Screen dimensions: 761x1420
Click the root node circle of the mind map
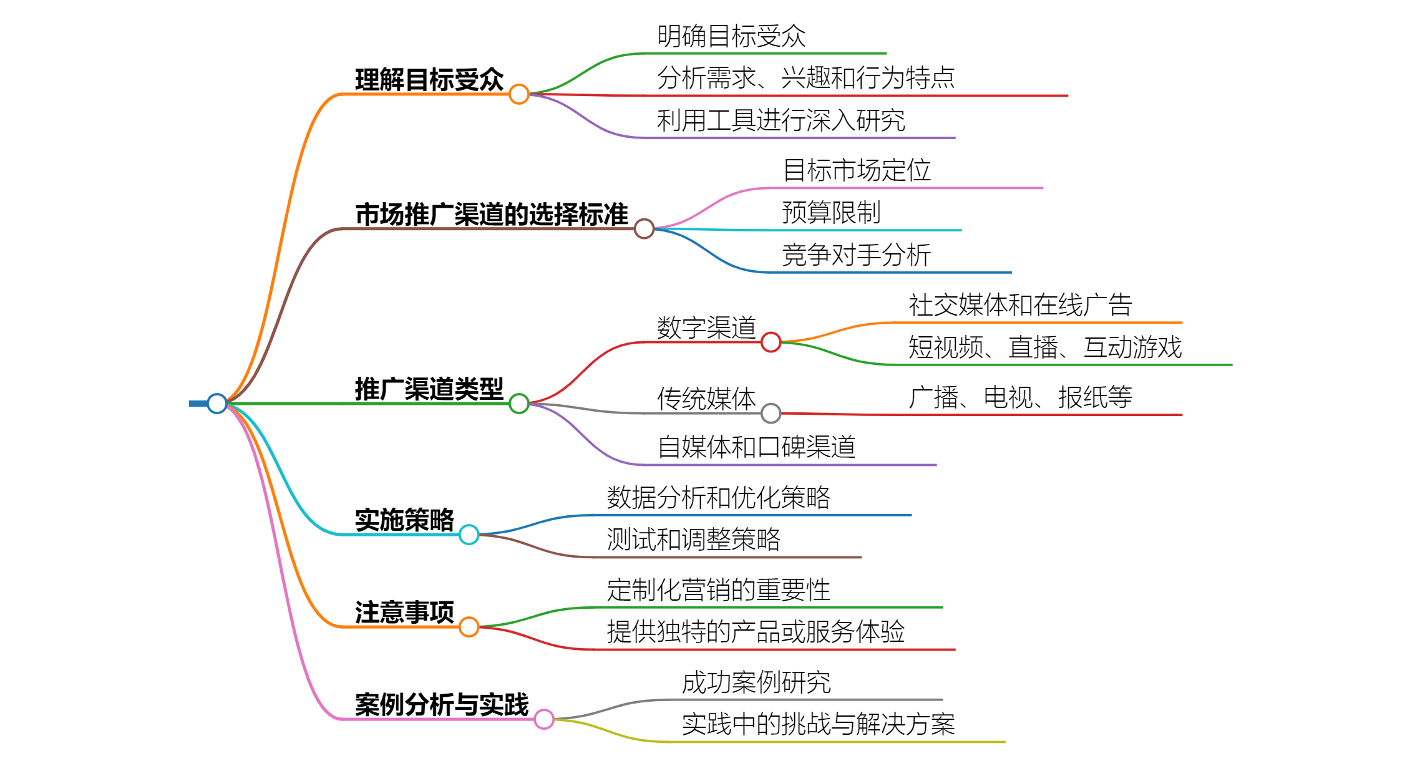click(x=216, y=404)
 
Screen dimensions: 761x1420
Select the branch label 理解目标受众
click(x=429, y=80)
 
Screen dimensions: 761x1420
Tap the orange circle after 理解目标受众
click(x=519, y=94)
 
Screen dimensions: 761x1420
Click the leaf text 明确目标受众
click(x=731, y=36)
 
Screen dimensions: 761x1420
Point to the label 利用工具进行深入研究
click(x=781, y=120)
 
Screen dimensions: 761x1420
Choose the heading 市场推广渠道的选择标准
click(x=491, y=215)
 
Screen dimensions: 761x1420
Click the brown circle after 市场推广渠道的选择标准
click(x=644, y=229)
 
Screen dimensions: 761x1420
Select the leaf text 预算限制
click(x=831, y=213)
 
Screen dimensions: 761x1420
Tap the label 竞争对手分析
click(x=856, y=255)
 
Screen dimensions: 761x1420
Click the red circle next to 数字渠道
click(x=771, y=342)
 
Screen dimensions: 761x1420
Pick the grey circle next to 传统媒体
click(x=771, y=413)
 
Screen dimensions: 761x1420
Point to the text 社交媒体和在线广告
click(x=1020, y=306)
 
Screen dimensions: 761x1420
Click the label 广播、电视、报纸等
click(x=1020, y=397)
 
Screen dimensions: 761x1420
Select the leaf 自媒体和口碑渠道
click(x=756, y=447)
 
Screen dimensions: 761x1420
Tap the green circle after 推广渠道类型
click(x=519, y=404)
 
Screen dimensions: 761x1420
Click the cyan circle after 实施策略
click(x=469, y=535)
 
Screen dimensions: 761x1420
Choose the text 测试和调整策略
click(x=693, y=540)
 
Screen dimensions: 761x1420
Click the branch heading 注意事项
click(x=404, y=613)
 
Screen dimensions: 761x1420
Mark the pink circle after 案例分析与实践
click(x=544, y=719)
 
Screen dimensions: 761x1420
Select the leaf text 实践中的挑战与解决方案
click(x=818, y=724)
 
